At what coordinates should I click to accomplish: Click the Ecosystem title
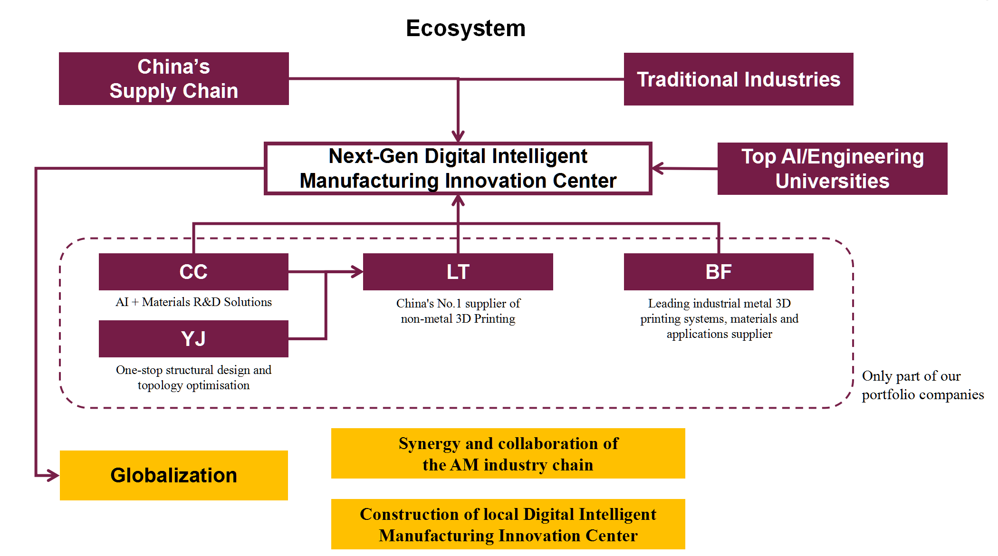click(466, 29)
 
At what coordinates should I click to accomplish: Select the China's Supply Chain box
click(174, 78)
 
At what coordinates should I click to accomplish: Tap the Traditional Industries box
click(739, 79)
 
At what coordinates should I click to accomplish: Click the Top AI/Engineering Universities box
click(832, 169)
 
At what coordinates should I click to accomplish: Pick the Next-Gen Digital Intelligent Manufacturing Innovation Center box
click(458, 169)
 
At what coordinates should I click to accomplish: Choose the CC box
click(193, 272)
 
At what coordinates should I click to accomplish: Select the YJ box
click(193, 339)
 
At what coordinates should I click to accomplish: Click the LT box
click(458, 272)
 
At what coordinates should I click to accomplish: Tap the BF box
click(719, 272)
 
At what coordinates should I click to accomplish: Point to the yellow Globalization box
click(174, 475)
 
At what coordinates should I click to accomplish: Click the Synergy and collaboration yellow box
click(508, 453)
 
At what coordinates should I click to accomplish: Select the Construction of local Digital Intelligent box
click(508, 524)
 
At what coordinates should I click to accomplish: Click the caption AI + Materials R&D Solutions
click(193, 302)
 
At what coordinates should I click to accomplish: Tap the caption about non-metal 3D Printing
click(458, 311)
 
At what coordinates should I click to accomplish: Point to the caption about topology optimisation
click(193, 377)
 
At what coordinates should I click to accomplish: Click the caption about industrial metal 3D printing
click(719, 318)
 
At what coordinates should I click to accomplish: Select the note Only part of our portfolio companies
click(922, 385)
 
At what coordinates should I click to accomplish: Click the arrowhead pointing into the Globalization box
click(53, 475)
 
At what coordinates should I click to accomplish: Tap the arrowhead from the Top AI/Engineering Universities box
click(658, 168)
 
